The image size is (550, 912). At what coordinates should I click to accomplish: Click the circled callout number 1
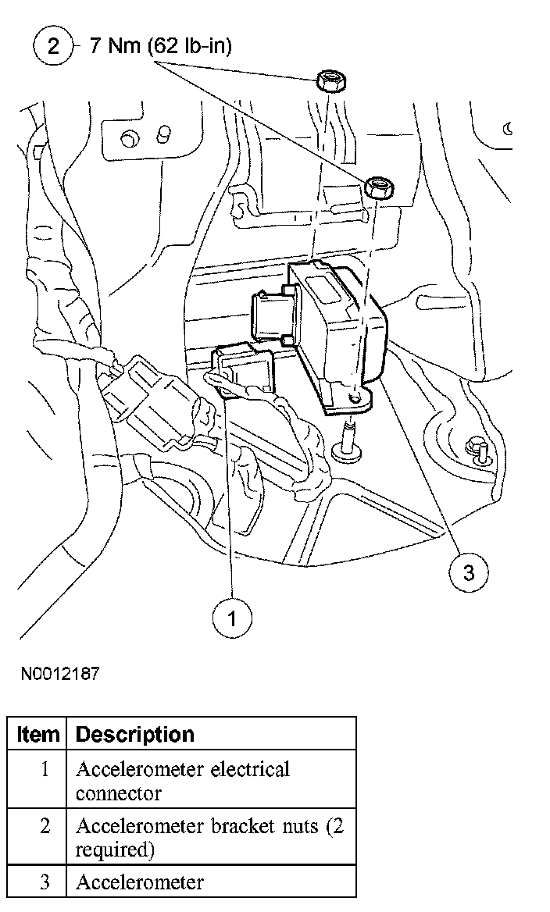(232, 618)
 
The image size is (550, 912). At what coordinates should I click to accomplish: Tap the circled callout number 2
(52, 46)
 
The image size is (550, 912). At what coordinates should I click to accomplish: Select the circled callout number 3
(468, 572)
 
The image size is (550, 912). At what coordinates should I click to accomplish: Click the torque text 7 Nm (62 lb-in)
(160, 46)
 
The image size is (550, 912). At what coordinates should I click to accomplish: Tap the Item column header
(38, 735)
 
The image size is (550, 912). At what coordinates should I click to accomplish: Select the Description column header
(135, 735)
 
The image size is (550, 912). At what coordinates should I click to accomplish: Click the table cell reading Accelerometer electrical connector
(183, 781)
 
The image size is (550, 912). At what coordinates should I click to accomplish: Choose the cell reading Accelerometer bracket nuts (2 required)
(209, 837)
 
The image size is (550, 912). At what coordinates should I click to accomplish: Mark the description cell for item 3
(140, 883)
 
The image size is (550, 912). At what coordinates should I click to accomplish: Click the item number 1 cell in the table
(45, 769)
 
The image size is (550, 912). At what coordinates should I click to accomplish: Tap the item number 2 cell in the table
(45, 826)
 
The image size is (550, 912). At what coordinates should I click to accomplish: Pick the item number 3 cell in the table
(45, 883)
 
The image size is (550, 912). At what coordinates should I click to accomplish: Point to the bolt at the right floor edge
(476, 449)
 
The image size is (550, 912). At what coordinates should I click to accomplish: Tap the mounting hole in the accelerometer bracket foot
(357, 397)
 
